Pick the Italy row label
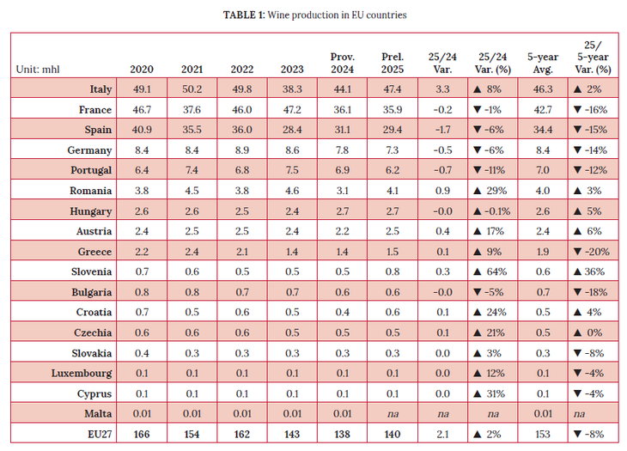[x=101, y=88]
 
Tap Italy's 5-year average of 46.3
[x=542, y=88]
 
